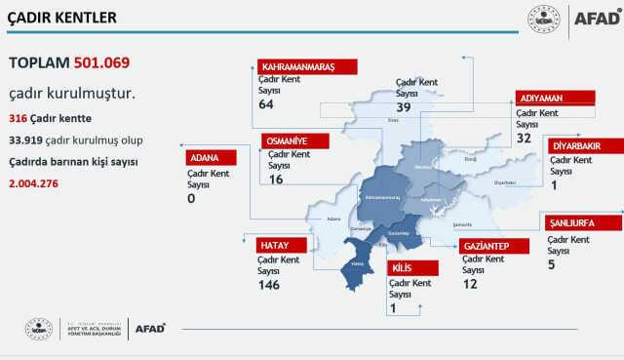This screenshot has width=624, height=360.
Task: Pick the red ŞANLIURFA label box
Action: [x=583, y=222]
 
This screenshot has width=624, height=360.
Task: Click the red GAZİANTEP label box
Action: [x=494, y=244]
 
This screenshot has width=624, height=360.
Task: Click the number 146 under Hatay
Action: [x=269, y=285]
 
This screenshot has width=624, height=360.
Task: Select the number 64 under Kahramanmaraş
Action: [x=267, y=104]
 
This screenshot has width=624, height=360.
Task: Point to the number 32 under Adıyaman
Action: [x=525, y=139]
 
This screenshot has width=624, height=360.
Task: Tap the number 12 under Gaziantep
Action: [x=470, y=283]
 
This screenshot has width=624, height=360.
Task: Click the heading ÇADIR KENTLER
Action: [x=61, y=18]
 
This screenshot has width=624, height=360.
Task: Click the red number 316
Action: [x=17, y=118]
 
